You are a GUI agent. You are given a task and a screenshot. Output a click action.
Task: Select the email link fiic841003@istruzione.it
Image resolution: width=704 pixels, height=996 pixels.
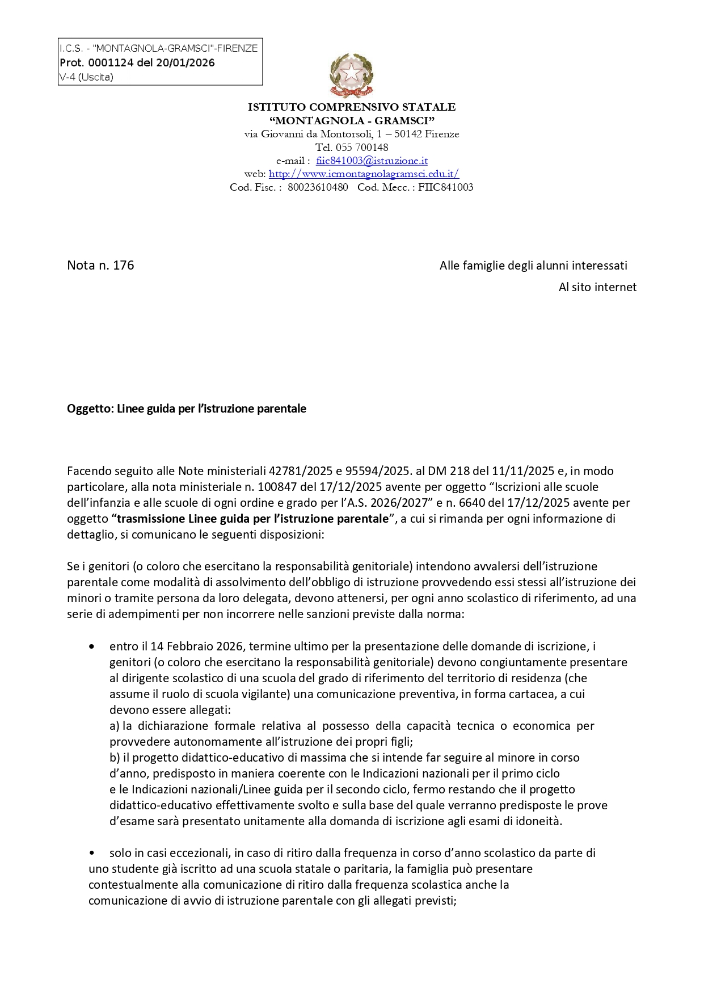pyautogui.click(x=372, y=161)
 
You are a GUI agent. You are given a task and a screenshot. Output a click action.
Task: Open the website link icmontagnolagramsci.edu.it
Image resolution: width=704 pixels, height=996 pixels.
pyautogui.click(x=364, y=174)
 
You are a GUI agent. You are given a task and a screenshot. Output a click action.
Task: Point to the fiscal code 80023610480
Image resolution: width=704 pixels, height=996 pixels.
pyautogui.click(x=318, y=187)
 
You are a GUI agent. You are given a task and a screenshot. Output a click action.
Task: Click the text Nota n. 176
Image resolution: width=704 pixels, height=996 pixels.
pyautogui.click(x=100, y=266)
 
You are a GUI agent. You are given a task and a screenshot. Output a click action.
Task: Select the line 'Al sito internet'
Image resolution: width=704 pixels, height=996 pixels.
pyautogui.click(x=597, y=287)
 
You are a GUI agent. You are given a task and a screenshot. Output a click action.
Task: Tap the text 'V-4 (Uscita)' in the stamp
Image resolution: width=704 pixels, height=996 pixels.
pyautogui.click(x=86, y=77)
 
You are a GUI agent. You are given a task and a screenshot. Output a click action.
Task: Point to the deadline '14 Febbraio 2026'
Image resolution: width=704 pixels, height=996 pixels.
pyautogui.click(x=197, y=646)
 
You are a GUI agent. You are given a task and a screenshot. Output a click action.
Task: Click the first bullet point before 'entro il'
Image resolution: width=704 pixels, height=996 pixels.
pyautogui.click(x=91, y=646)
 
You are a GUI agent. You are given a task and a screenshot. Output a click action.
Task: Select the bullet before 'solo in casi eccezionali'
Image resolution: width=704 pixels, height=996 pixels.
pyautogui.click(x=91, y=853)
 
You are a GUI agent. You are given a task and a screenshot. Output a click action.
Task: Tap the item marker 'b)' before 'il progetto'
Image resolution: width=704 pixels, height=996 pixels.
pyautogui.click(x=115, y=758)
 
